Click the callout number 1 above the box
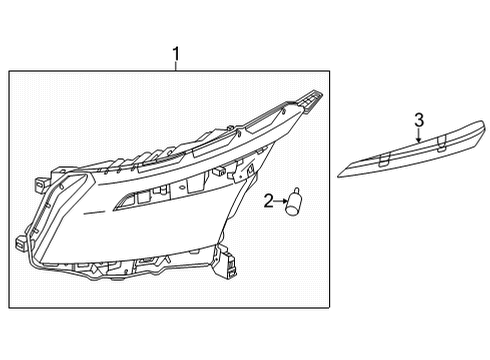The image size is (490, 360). tap(176, 53)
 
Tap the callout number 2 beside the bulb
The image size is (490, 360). tap(268, 203)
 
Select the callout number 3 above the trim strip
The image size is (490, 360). tap(419, 120)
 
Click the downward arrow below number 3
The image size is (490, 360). tap(419, 140)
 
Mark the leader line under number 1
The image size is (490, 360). tap(176, 66)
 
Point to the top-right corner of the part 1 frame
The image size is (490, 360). tap(331, 71)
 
